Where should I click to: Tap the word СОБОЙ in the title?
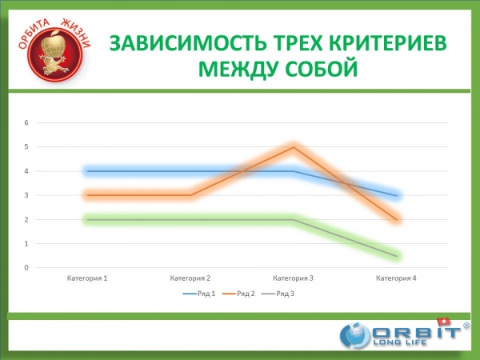(x=322, y=69)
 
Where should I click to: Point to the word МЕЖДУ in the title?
(x=238, y=69)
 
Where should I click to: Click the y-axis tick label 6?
(x=26, y=122)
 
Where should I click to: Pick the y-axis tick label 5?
(x=26, y=147)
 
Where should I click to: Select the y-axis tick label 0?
(x=26, y=267)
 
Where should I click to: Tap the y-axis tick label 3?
(x=26, y=195)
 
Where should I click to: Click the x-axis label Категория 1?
(x=87, y=278)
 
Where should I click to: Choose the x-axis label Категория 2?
(x=190, y=278)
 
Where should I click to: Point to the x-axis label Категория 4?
(x=396, y=278)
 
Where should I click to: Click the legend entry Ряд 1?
(x=199, y=294)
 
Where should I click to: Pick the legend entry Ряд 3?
(x=278, y=294)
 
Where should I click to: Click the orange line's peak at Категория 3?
(x=294, y=147)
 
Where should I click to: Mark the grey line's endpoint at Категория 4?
(x=397, y=256)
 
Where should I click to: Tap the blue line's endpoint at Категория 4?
(x=397, y=196)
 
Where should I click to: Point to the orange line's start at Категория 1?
(x=87, y=195)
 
